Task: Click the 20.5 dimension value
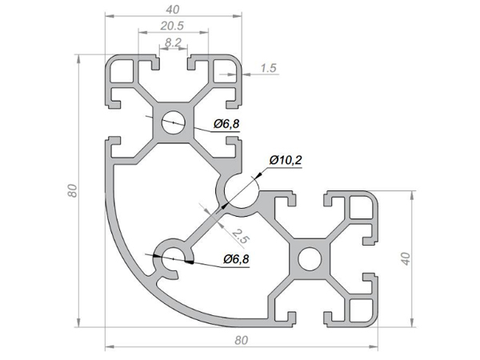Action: (x=173, y=26)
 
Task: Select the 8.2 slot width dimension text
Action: (x=173, y=42)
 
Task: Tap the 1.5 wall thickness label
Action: (x=268, y=69)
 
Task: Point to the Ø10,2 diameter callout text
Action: (x=286, y=160)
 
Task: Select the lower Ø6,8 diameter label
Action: (x=238, y=259)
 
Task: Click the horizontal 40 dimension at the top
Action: (x=173, y=10)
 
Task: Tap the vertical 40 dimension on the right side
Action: (x=406, y=259)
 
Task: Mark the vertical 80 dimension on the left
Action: (x=72, y=191)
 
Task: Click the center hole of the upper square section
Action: (x=173, y=122)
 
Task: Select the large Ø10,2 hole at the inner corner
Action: (x=240, y=191)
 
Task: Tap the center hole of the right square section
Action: (x=308, y=259)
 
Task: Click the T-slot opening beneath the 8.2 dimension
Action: (x=173, y=62)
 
